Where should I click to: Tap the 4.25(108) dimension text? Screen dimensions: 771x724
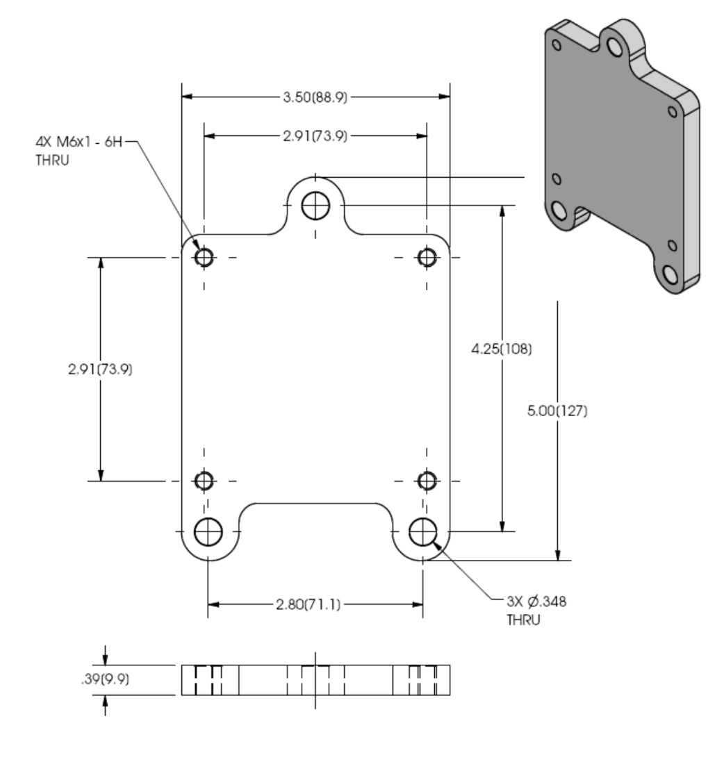pos(502,349)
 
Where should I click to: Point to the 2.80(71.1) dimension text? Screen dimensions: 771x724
pos(315,604)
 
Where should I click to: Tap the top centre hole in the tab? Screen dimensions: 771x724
pos(316,205)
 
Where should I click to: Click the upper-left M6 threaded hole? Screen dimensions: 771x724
pos(204,258)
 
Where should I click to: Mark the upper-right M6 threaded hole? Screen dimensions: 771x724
pos(427,258)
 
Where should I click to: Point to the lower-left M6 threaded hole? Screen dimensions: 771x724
pos(204,480)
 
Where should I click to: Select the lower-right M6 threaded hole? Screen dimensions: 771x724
pos(427,480)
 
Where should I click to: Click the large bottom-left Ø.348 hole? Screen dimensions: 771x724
pos(208,532)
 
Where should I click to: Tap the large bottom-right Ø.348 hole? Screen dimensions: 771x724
pos(423,532)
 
